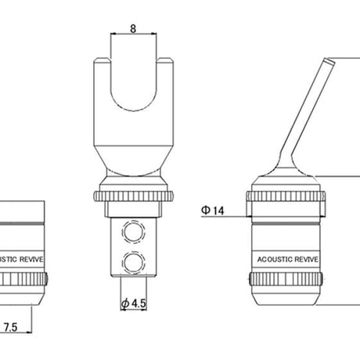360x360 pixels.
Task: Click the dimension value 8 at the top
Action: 133,28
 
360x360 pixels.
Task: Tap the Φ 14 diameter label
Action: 213,211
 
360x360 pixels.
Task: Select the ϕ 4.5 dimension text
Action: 134,304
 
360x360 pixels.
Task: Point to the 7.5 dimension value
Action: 10,327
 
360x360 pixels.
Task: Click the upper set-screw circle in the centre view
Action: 134,232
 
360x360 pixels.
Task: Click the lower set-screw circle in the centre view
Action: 134,262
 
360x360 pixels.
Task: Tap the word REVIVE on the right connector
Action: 306,259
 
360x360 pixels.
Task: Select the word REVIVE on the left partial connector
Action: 31,259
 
